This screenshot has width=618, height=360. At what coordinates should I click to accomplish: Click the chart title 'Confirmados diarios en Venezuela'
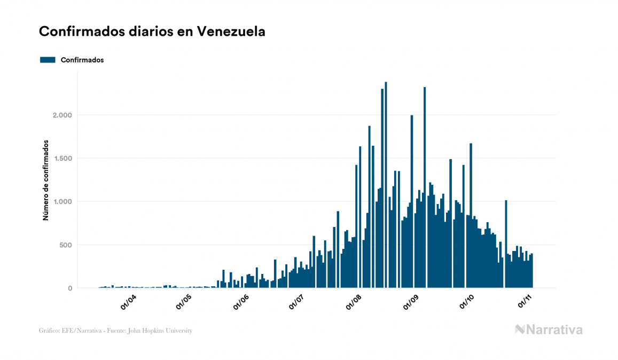click(x=152, y=32)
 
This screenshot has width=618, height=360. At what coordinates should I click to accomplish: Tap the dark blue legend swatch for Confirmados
click(x=48, y=60)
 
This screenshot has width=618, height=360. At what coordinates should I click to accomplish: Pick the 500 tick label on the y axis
click(x=65, y=245)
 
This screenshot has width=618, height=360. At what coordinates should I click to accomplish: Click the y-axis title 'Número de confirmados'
click(x=46, y=181)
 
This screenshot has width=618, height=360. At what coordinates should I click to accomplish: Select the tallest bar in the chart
click(x=386, y=187)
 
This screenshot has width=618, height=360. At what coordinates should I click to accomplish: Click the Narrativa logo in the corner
click(x=549, y=330)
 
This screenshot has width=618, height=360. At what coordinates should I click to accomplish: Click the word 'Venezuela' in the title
click(x=231, y=32)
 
